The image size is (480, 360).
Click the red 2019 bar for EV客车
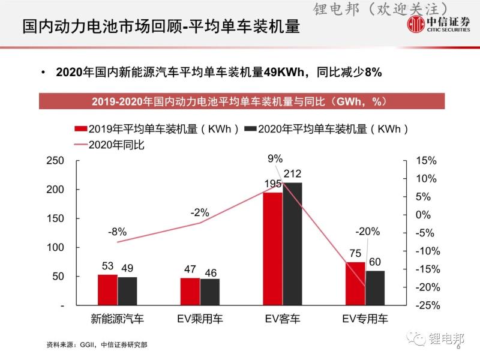[x=272, y=248]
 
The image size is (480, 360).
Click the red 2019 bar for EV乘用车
[x=190, y=292]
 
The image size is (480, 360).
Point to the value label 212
[x=293, y=175]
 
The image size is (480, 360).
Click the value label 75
[x=355, y=254]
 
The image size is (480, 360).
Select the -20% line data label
[x=367, y=232]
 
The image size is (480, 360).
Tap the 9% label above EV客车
[x=275, y=158]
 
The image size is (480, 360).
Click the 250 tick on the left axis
[x=55, y=161]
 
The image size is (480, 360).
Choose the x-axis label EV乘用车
[x=200, y=319]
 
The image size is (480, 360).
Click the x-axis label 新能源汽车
[x=118, y=319]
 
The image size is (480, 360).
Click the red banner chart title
[x=242, y=101]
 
